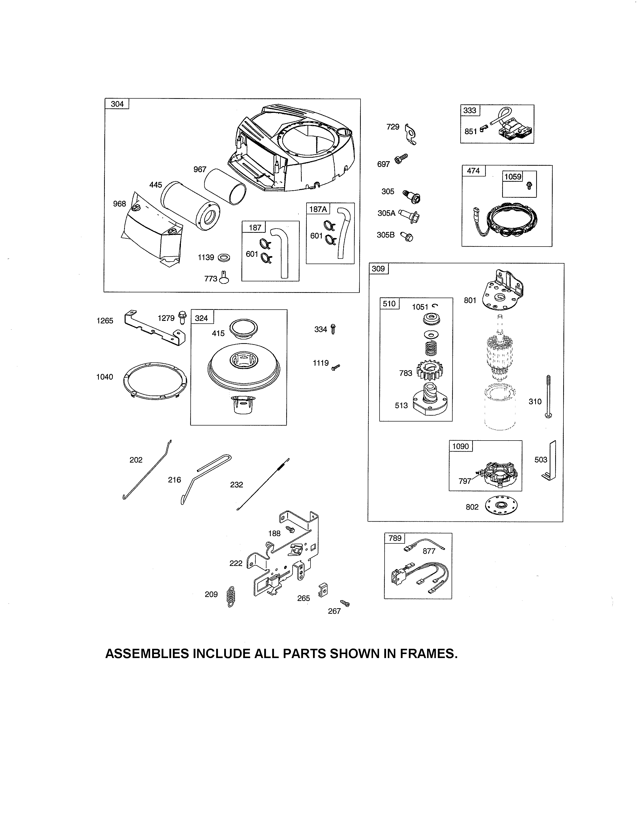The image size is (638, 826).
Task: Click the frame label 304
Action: [x=117, y=104]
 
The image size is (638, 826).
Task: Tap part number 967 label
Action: [x=200, y=169]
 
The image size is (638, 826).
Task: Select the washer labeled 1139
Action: [x=224, y=258]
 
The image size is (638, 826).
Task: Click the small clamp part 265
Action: [x=323, y=590]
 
